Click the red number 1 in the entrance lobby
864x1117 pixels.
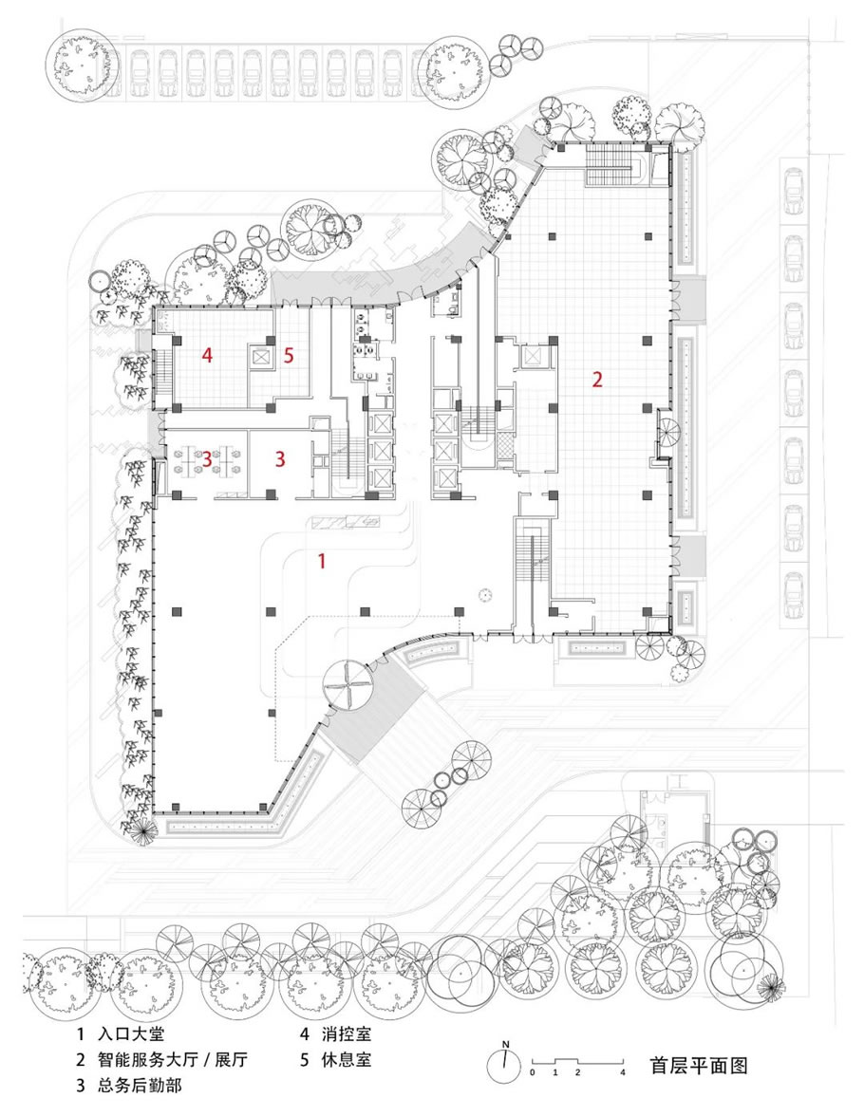(322, 562)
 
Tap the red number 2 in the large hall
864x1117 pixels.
(597, 379)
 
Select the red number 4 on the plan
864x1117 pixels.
(207, 355)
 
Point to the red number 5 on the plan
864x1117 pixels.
(289, 356)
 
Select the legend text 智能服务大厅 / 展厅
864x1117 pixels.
(172, 1059)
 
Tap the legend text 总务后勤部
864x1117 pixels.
(139, 1086)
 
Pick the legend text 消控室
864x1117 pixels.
(347, 1033)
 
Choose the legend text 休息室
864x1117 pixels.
(347, 1059)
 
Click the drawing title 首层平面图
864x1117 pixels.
(699, 1066)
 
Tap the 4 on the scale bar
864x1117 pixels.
(623, 1071)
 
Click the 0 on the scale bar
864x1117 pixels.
(533, 1071)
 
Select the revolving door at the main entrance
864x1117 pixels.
(347, 683)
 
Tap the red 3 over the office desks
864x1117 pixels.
(207, 459)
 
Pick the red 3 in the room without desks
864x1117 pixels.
(280, 458)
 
